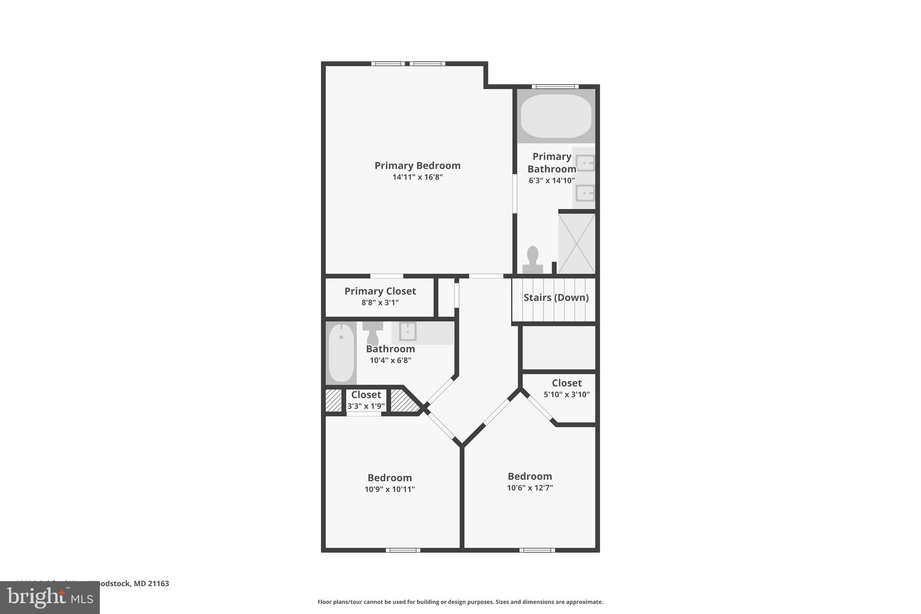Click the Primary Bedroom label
(417, 166)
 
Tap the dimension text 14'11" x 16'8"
(417, 177)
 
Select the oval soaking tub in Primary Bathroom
(556, 116)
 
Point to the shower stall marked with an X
(577, 243)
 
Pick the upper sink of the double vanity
(585, 163)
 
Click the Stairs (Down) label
(556, 297)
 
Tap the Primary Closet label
(380, 291)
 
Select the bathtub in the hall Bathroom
(341, 353)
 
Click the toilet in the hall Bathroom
(372, 332)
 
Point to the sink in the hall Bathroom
(408, 332)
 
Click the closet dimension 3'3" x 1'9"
(366, 406)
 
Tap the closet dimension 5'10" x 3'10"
(567, 394)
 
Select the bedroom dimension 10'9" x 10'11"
(389, 489)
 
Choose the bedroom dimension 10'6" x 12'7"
(530, 488)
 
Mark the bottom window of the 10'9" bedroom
(403, 550)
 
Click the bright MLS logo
(49, 598)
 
